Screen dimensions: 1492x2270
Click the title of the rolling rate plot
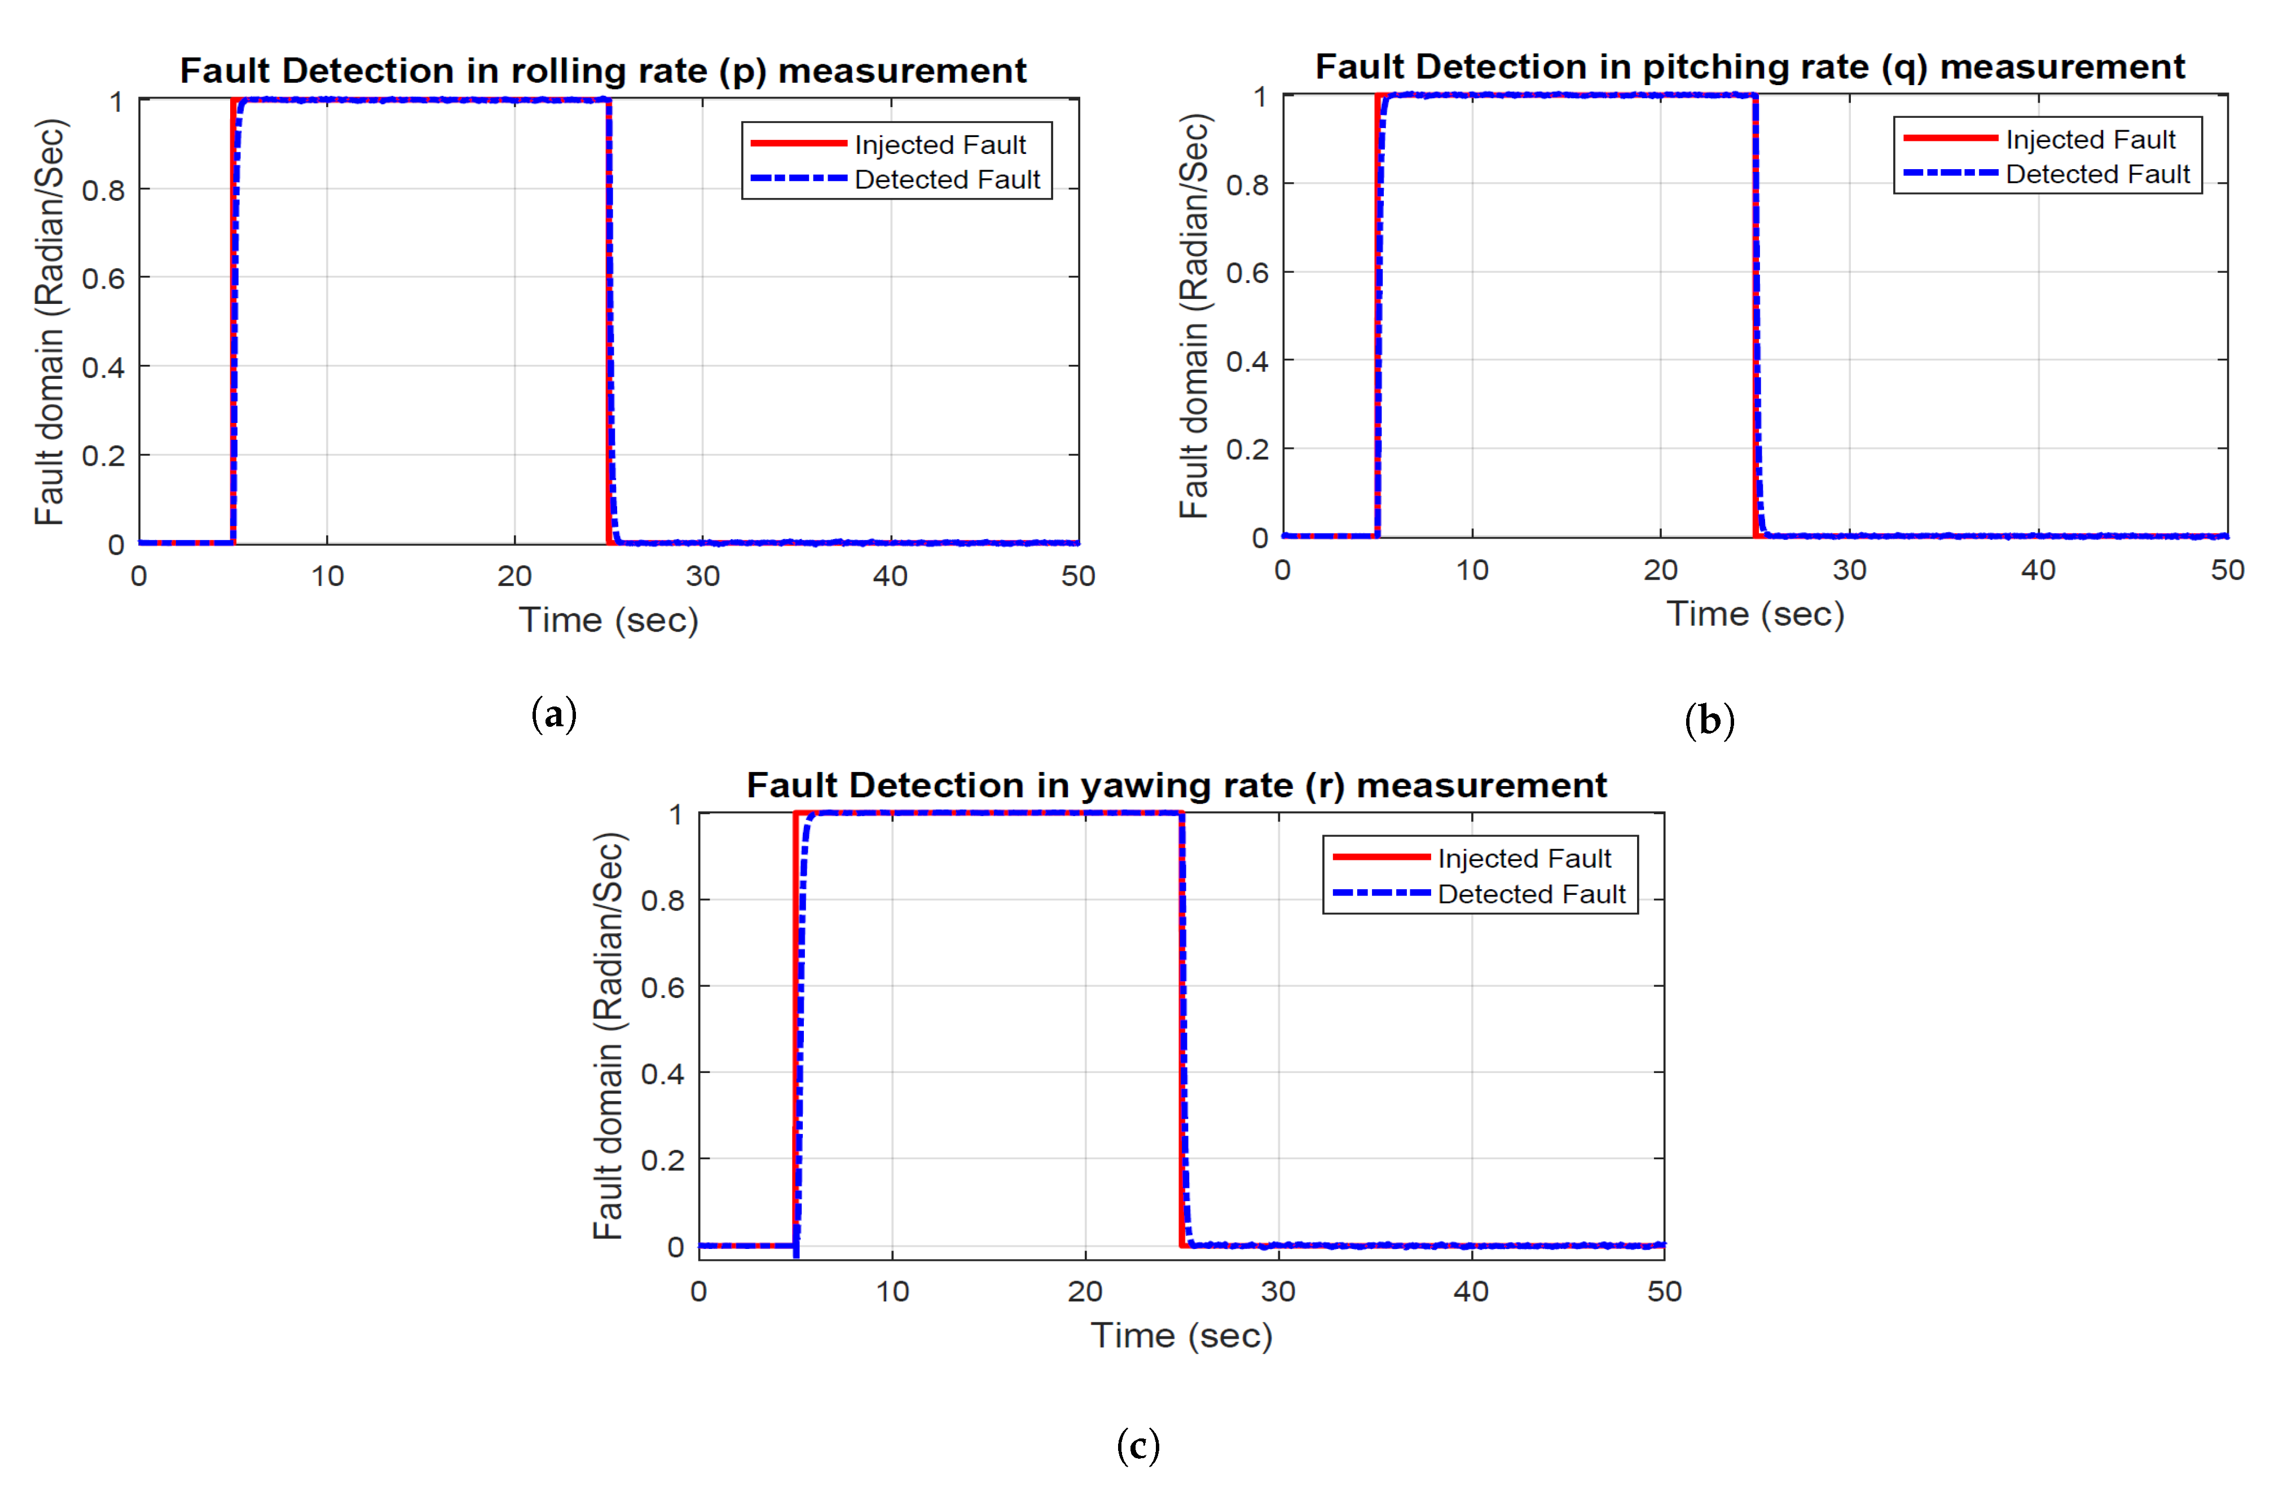pos(603,70)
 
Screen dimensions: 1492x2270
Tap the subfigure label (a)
pos(554,714)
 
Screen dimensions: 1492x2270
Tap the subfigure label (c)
pos(1138,1445)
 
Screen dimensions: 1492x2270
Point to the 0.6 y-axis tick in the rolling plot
pos(103,279)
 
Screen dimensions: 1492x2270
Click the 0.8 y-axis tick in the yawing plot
pos(662,900)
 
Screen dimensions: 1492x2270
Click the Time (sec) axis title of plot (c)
pos(1181,1336)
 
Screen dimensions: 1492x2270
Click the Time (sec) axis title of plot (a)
pos(609,621)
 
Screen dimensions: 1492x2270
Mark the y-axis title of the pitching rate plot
pos(1194,316)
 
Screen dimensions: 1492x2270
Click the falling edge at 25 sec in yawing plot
pos(1183,1030)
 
